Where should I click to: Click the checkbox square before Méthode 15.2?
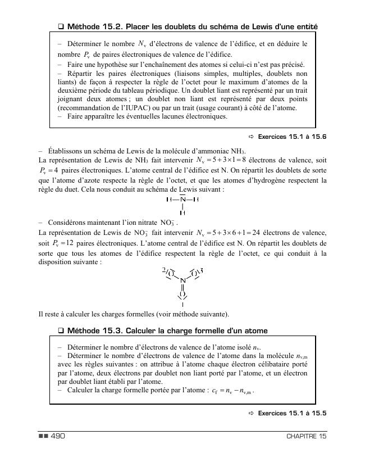tap(61, 26)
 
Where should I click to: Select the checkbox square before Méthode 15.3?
tap(61, 330)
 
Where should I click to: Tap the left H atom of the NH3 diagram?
tap(169, 200)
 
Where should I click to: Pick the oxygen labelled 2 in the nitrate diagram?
tap(170, 273)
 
